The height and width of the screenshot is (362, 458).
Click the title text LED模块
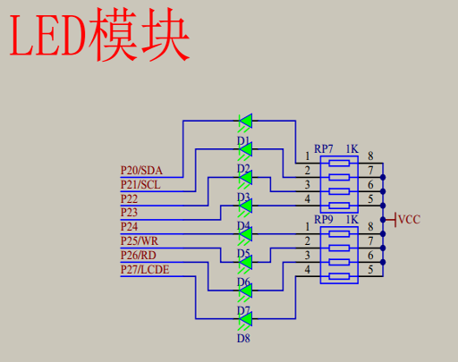[x=99, y=37]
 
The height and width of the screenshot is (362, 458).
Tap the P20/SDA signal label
[x=141, y=170]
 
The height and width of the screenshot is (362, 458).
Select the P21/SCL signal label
[x=140, y=184]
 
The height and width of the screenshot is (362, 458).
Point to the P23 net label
[x=130, y=213]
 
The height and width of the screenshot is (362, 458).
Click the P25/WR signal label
[x=140, y=241]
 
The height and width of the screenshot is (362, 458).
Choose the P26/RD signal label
[x=139, y=256]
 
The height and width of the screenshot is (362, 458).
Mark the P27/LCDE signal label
[x=145, y=270]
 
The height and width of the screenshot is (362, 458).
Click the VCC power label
[x=409, y=219]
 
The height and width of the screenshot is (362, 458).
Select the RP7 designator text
[x=324, y=148]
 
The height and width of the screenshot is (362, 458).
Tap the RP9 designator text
[x=324, y=220]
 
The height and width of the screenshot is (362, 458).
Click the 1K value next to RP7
[x=352, y=148]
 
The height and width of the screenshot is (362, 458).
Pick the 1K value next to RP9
[x=352, y=220]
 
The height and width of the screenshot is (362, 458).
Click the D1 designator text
[x=243, y=140]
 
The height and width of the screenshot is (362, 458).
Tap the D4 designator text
[x=243, y=226]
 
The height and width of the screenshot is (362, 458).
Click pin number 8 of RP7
[x=369, y=156]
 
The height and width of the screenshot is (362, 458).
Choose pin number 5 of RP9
[x=369, y=270]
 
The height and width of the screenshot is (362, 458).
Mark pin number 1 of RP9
[x=308, y=227]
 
